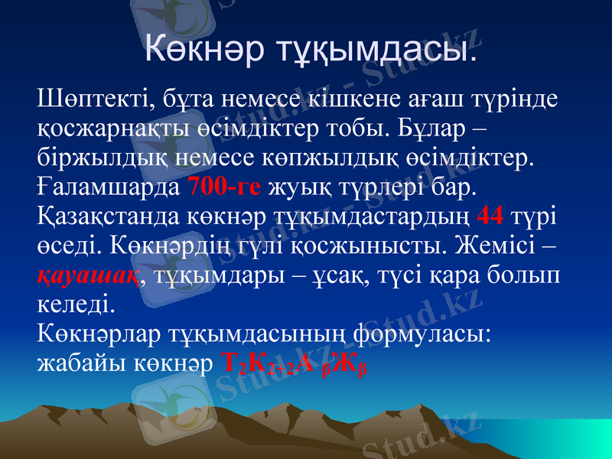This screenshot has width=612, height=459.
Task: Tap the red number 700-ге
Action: [x=224, y=186]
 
